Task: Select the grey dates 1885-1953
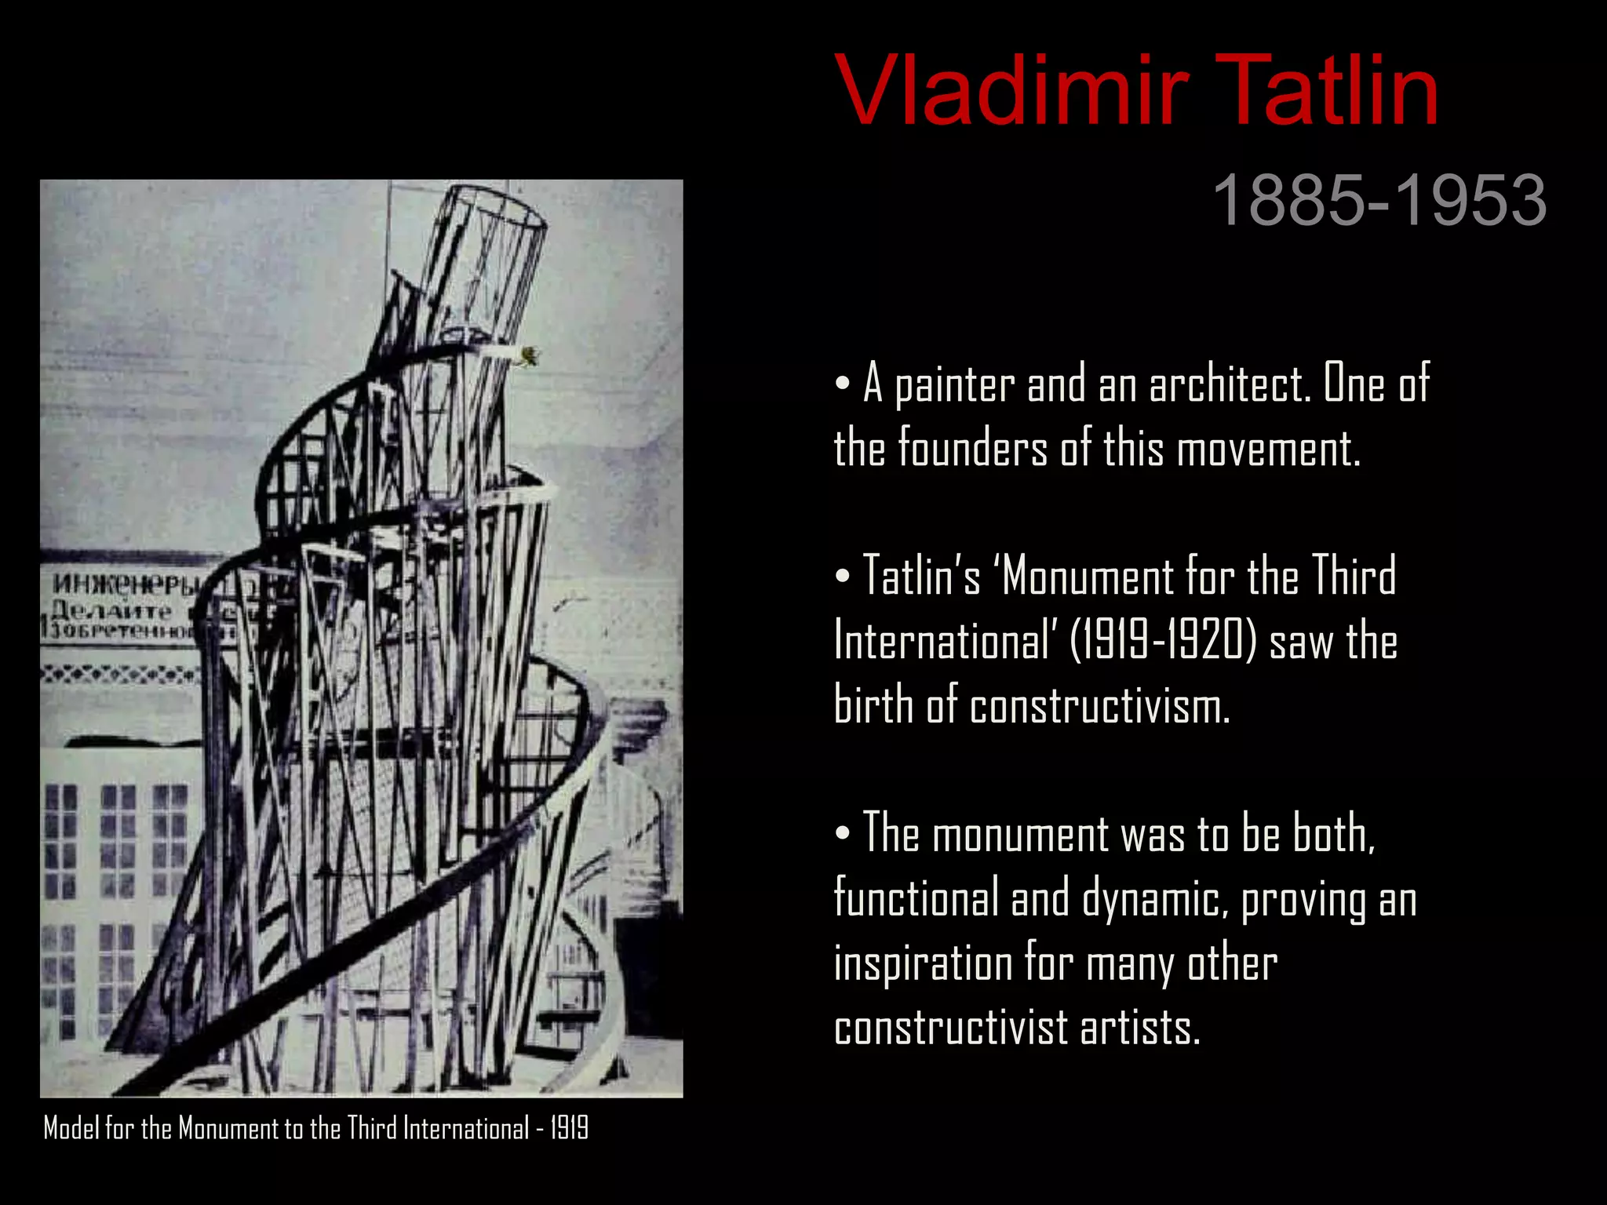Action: click(x=1379, y=201)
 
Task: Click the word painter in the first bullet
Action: click(x=954, y=386)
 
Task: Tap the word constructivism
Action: click(x=1099, y=705)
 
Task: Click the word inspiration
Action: click(x=923, y=964)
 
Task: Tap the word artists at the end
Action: click(x=1140, y=1028)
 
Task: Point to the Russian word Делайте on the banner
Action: click(x=110, y=610)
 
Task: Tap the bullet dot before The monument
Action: click(x=843, y=833)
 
